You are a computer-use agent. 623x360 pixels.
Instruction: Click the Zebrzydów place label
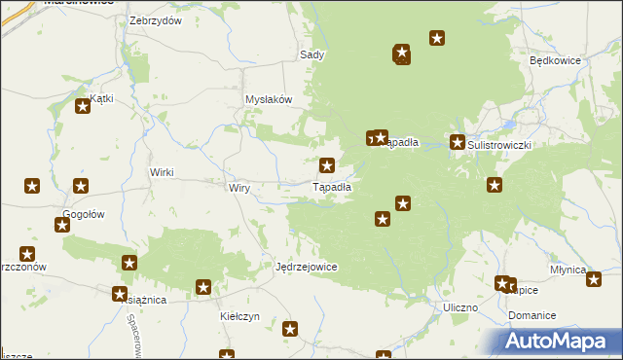156,20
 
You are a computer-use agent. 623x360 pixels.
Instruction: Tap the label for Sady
311,55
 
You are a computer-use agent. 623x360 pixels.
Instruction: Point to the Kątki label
101,98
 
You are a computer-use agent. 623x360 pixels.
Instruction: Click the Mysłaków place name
269,99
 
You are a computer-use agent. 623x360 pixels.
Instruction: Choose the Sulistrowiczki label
501,144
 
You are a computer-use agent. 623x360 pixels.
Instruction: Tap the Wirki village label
161,172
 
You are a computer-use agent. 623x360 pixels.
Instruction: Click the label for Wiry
240,188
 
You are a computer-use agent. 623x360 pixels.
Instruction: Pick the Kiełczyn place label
238,316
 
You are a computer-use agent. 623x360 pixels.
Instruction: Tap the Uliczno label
459,307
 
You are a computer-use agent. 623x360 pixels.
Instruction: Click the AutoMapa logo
560,341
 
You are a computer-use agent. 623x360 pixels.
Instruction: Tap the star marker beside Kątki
82,107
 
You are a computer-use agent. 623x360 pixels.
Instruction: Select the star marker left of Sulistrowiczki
458,143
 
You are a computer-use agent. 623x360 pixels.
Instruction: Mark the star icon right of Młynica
594,278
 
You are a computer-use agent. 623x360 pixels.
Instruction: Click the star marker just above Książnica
120,293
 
